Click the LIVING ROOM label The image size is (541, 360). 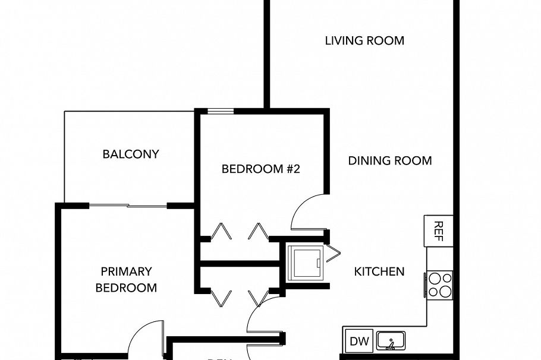(364, 41)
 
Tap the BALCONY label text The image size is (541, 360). (131, 154)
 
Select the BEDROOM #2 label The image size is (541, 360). (261, 169)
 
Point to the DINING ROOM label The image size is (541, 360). (389, 161)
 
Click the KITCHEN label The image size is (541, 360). (379, 272)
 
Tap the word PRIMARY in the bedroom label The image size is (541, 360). (126, 272)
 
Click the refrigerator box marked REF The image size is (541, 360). (438, 230)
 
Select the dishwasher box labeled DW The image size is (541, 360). (358, 341)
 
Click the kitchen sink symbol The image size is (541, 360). (391, 340)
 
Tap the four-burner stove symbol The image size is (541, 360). (439, 284)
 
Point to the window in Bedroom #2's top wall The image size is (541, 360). (221, 110)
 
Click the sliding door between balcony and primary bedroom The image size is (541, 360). (128, 206)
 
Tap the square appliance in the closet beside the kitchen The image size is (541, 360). (304, 262)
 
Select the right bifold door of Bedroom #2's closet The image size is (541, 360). (259, 231)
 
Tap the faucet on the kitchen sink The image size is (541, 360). (391, 342)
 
